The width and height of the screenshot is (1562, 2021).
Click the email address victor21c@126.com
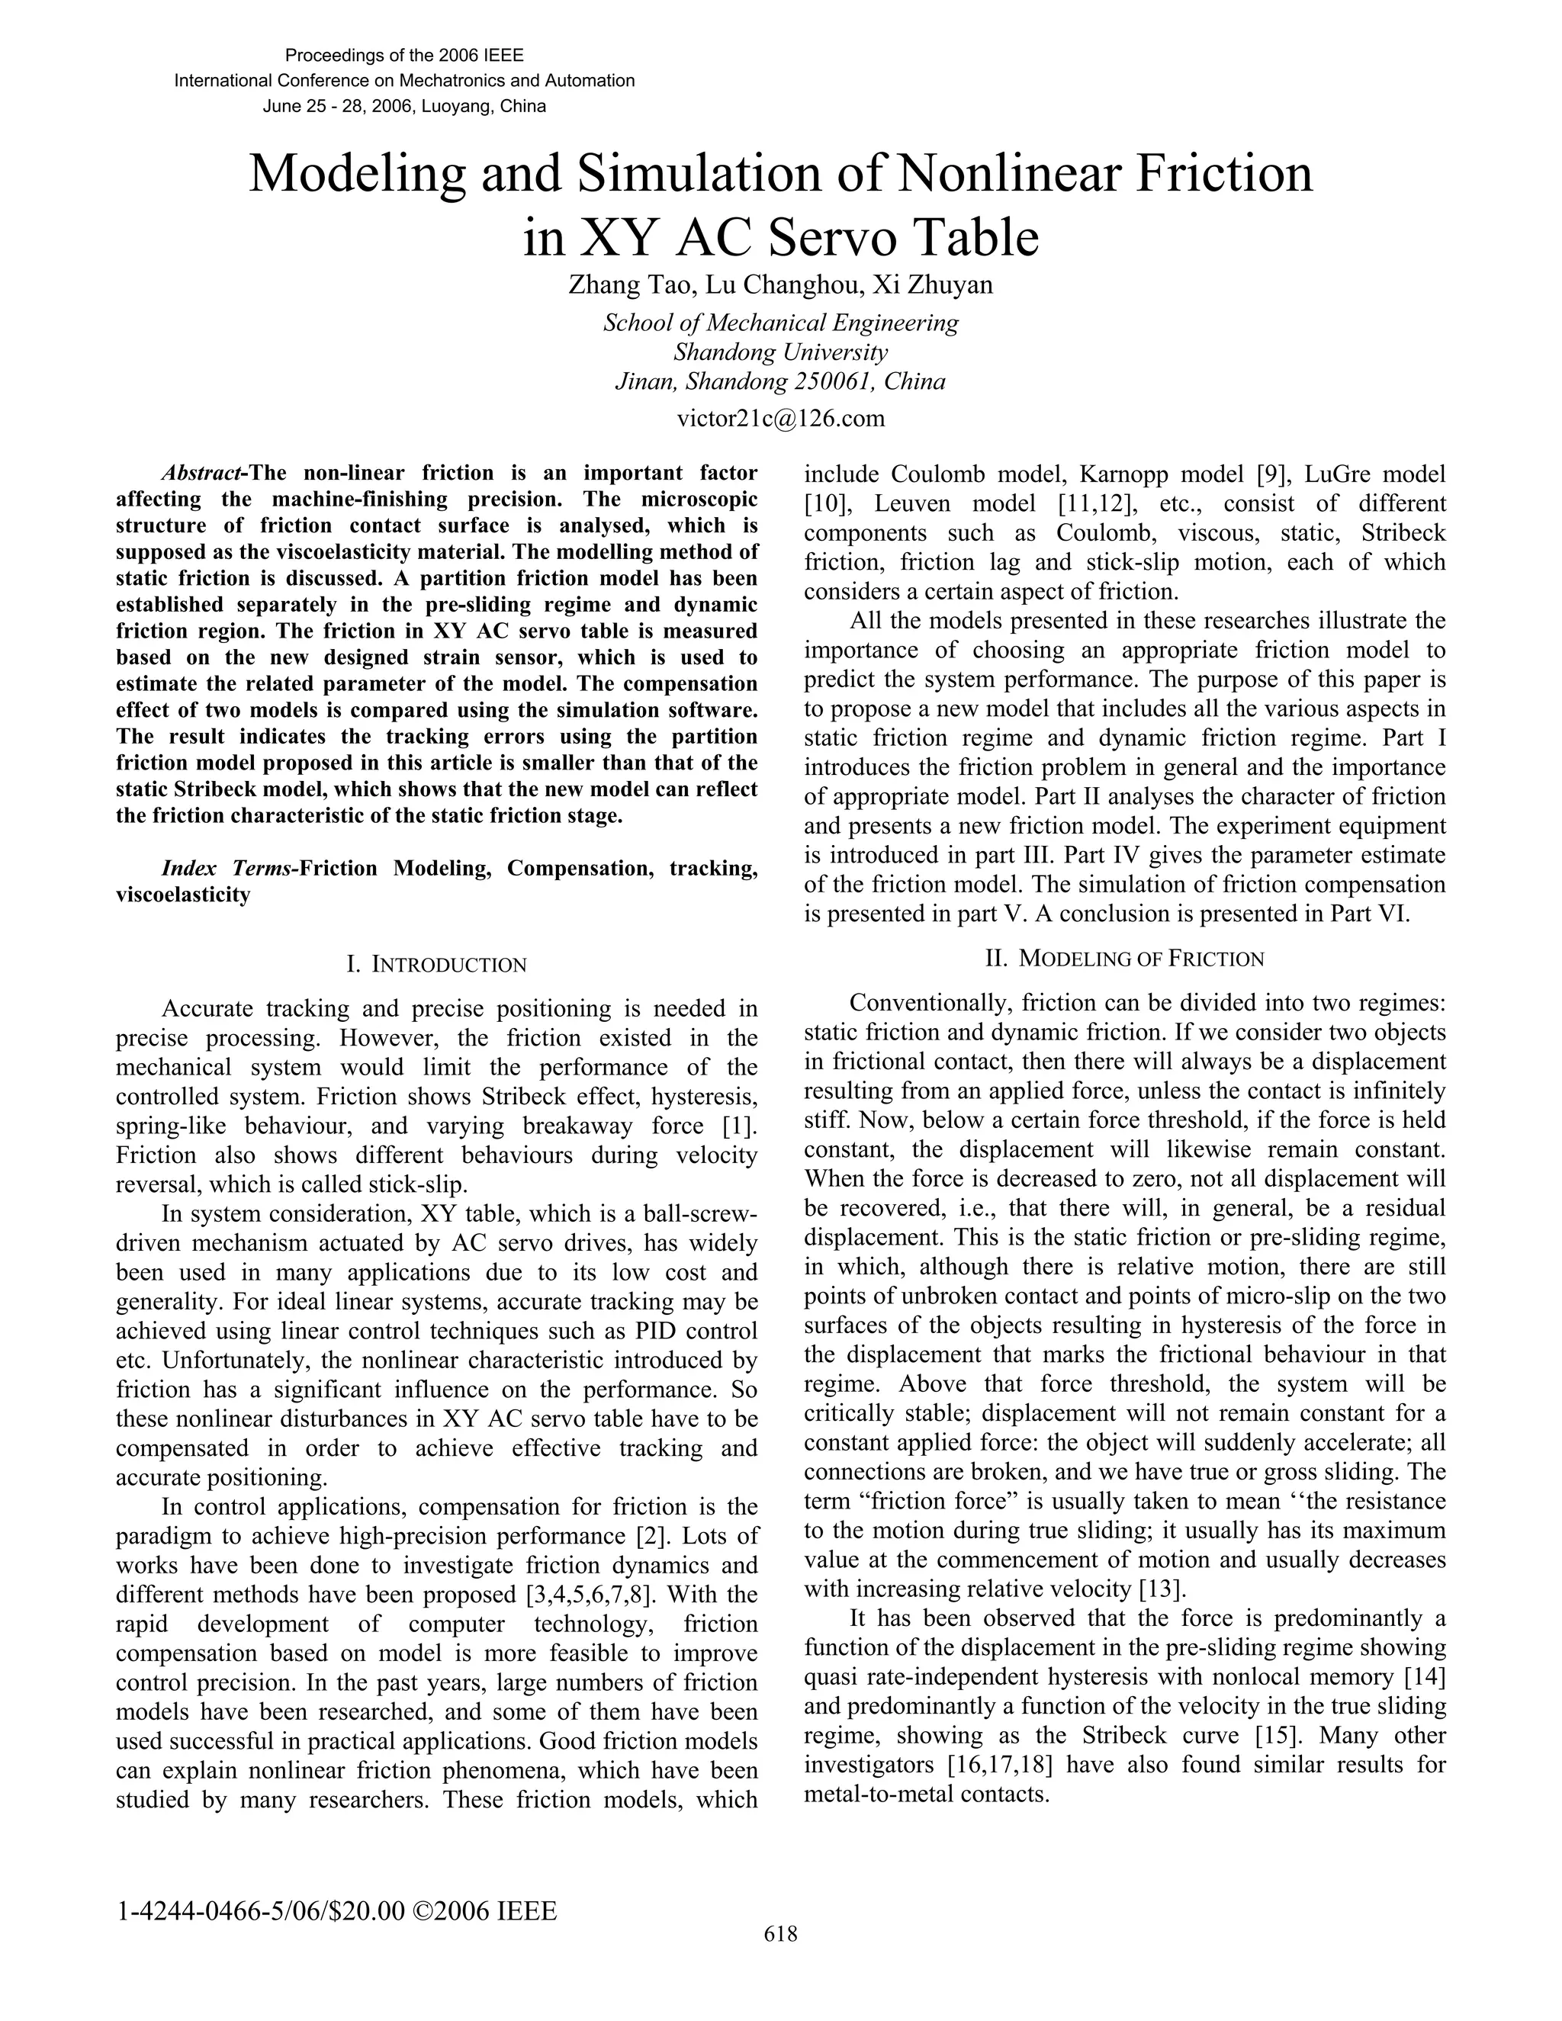[780, 418]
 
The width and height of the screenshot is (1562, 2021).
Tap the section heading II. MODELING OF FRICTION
[1124, 959]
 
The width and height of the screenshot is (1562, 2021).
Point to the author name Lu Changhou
[783, 285]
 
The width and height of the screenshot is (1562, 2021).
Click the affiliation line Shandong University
[780, 352]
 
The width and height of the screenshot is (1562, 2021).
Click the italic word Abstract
[201, 474]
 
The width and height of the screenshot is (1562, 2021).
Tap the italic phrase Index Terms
[227, 868]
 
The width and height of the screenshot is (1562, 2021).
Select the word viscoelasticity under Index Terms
[182, 895]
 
